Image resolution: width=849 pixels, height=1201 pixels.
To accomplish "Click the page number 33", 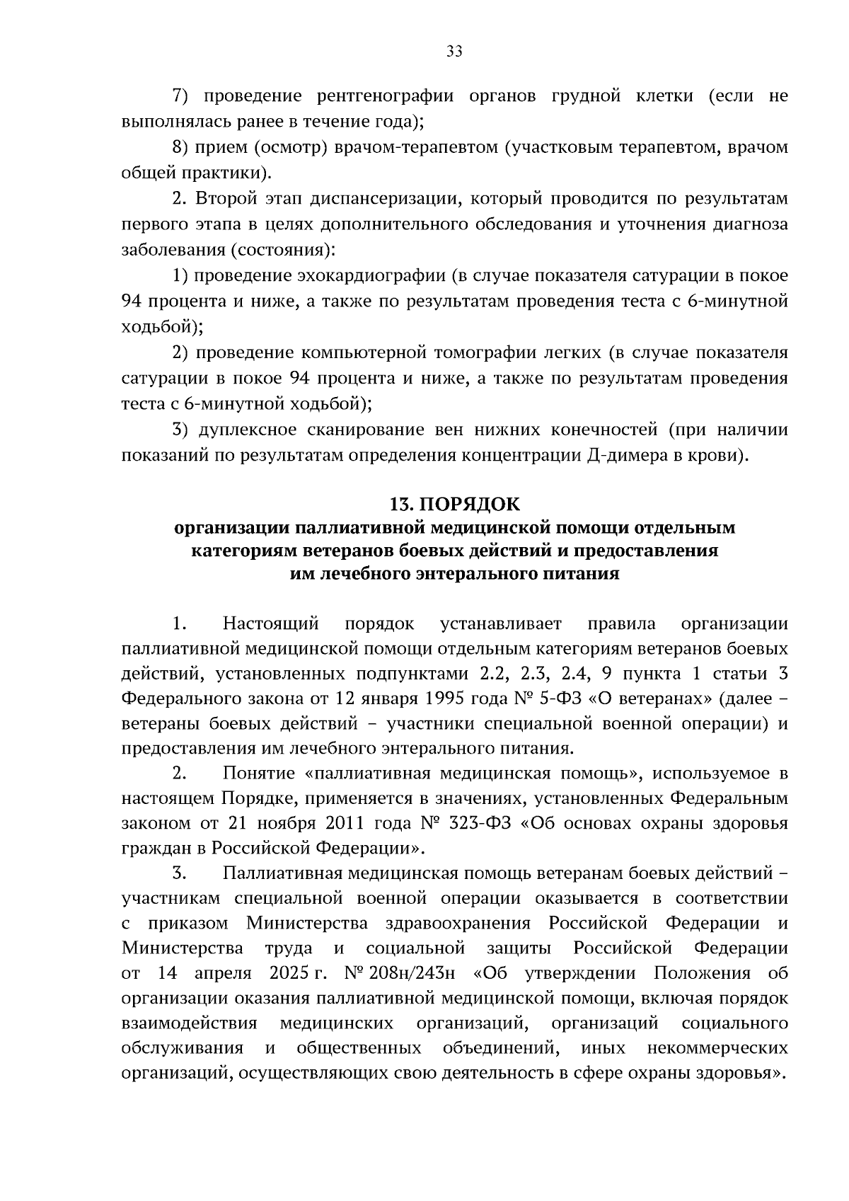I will point(454,51).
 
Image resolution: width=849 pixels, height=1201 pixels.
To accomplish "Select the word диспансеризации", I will point(371,199).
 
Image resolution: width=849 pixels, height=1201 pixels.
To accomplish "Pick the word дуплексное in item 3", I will point(243,430).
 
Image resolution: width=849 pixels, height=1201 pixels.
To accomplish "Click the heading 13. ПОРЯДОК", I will point(454,505).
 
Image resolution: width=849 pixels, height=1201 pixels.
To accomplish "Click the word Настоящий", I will point(271,624).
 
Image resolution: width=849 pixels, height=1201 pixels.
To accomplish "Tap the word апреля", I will point(223,973).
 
